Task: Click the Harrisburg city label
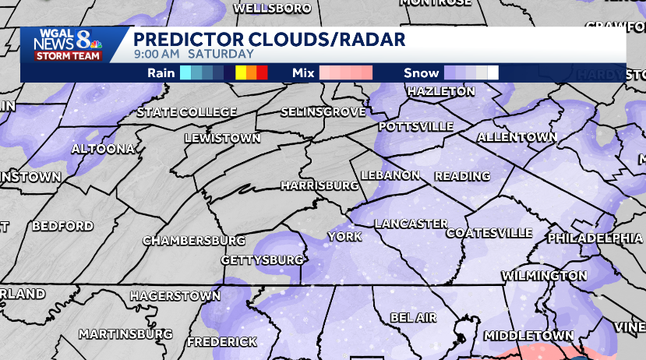click(319, 185)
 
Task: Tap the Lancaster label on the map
click(411, 224)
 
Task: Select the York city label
click(344, 236)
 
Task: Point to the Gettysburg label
click(262, 259)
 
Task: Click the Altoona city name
click(103, 148)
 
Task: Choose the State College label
click(186, 113)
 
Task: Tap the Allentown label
click(517, 137)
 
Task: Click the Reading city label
click(462, 176)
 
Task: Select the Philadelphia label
click(595, 237)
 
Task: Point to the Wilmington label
click(544, 276)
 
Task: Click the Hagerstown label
click(175, 296)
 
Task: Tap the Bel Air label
click(413, 318)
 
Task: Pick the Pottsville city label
click(416, 125)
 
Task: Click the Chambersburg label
click(194, 240)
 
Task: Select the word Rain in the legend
click(161, 73)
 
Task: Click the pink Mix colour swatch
click(345, 73)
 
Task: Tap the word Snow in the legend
click(421, 73)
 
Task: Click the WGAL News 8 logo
click(65, 44)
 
